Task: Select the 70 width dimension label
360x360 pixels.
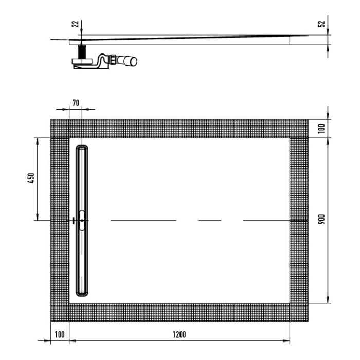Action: [x=75, y=103]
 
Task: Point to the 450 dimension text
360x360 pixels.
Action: [x=31, y=178]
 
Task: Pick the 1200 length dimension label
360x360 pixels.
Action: [x=178, y=334]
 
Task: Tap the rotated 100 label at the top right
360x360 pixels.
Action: [x=321, y=128]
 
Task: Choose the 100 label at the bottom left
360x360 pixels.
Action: [x=59, y=334]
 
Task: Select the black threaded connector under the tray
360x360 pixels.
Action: [x=81, y=51]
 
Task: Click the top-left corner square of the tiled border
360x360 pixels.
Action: [x=60, y=129]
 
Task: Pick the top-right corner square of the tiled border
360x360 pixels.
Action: [x=299, y=129]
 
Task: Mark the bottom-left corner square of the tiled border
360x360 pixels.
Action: [x=60, y=312]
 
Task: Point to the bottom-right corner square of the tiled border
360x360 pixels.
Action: [x=299, y=312]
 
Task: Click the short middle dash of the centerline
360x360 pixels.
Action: [x=210, y=220]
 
